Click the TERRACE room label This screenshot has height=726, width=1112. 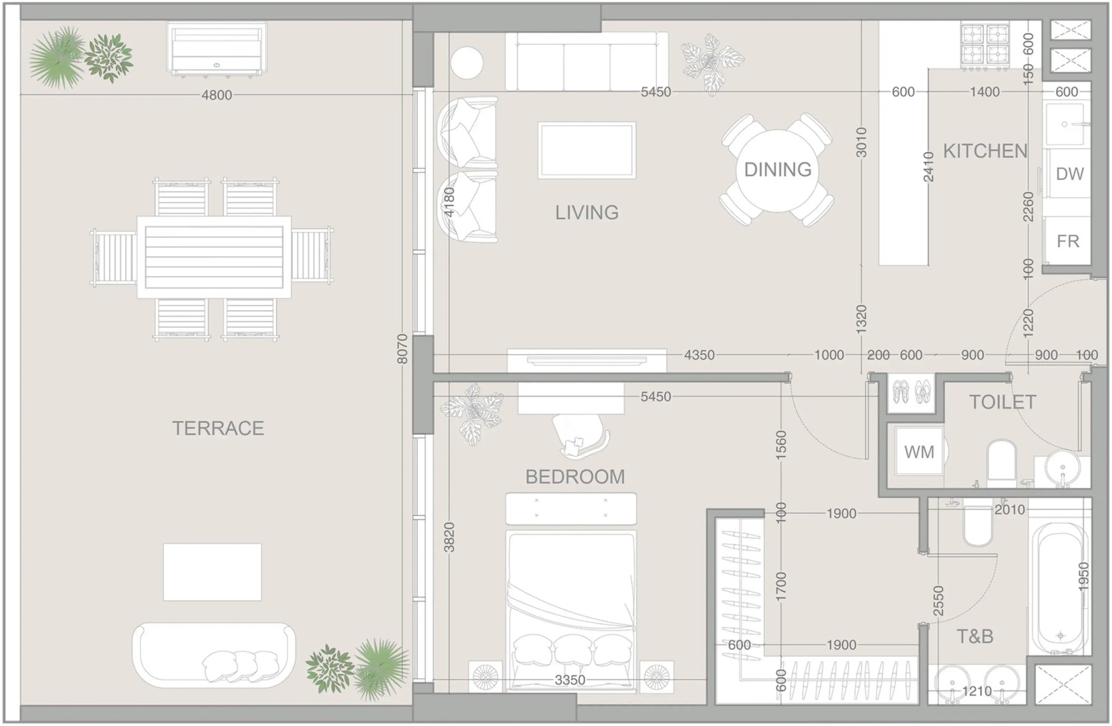coord(218,428)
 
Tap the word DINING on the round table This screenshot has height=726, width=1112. coord(777,170)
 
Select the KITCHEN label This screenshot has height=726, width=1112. coord(985,151)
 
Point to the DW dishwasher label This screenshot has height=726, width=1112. coord(1070,174)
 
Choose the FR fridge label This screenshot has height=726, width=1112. coord(1068,241)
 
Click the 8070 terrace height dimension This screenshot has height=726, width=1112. coord(402,348)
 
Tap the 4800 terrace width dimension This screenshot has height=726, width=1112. coord(217,95)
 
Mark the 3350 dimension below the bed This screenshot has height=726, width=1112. coord(570,680)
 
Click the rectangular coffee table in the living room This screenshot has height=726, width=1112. coord(587,150)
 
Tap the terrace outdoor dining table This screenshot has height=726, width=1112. coord(214,257)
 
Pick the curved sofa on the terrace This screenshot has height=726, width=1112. coord(214,655)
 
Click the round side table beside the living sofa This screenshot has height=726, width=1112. coord(467,63)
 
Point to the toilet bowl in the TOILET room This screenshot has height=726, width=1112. coord(1002,463)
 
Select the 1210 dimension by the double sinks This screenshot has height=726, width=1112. coord(977,691)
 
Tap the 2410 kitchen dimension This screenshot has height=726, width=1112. coord(928,167)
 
